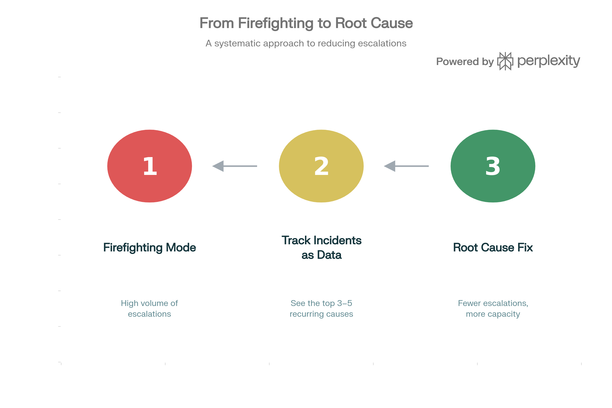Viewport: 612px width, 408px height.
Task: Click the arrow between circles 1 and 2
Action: pos(234,166)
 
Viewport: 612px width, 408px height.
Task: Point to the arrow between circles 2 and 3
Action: pos(406,166)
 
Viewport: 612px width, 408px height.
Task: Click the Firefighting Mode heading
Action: pos(150,247)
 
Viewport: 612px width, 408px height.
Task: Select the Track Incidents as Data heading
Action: pos(321,247)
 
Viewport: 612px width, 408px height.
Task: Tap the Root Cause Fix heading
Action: pos(493,247)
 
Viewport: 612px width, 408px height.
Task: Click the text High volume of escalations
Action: pos(149,309)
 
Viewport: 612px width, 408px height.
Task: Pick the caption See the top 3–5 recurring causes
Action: pos(321,309)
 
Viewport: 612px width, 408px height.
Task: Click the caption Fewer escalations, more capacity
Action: pos(493,309)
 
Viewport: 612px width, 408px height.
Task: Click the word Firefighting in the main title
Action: pos(276,23)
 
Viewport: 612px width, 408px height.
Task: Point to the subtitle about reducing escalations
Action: pos(306,43)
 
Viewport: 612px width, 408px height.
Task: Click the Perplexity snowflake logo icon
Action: pos(505,61)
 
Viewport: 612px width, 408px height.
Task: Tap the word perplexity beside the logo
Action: pos(549,61)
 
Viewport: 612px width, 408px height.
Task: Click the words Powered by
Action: pos(465,62)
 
